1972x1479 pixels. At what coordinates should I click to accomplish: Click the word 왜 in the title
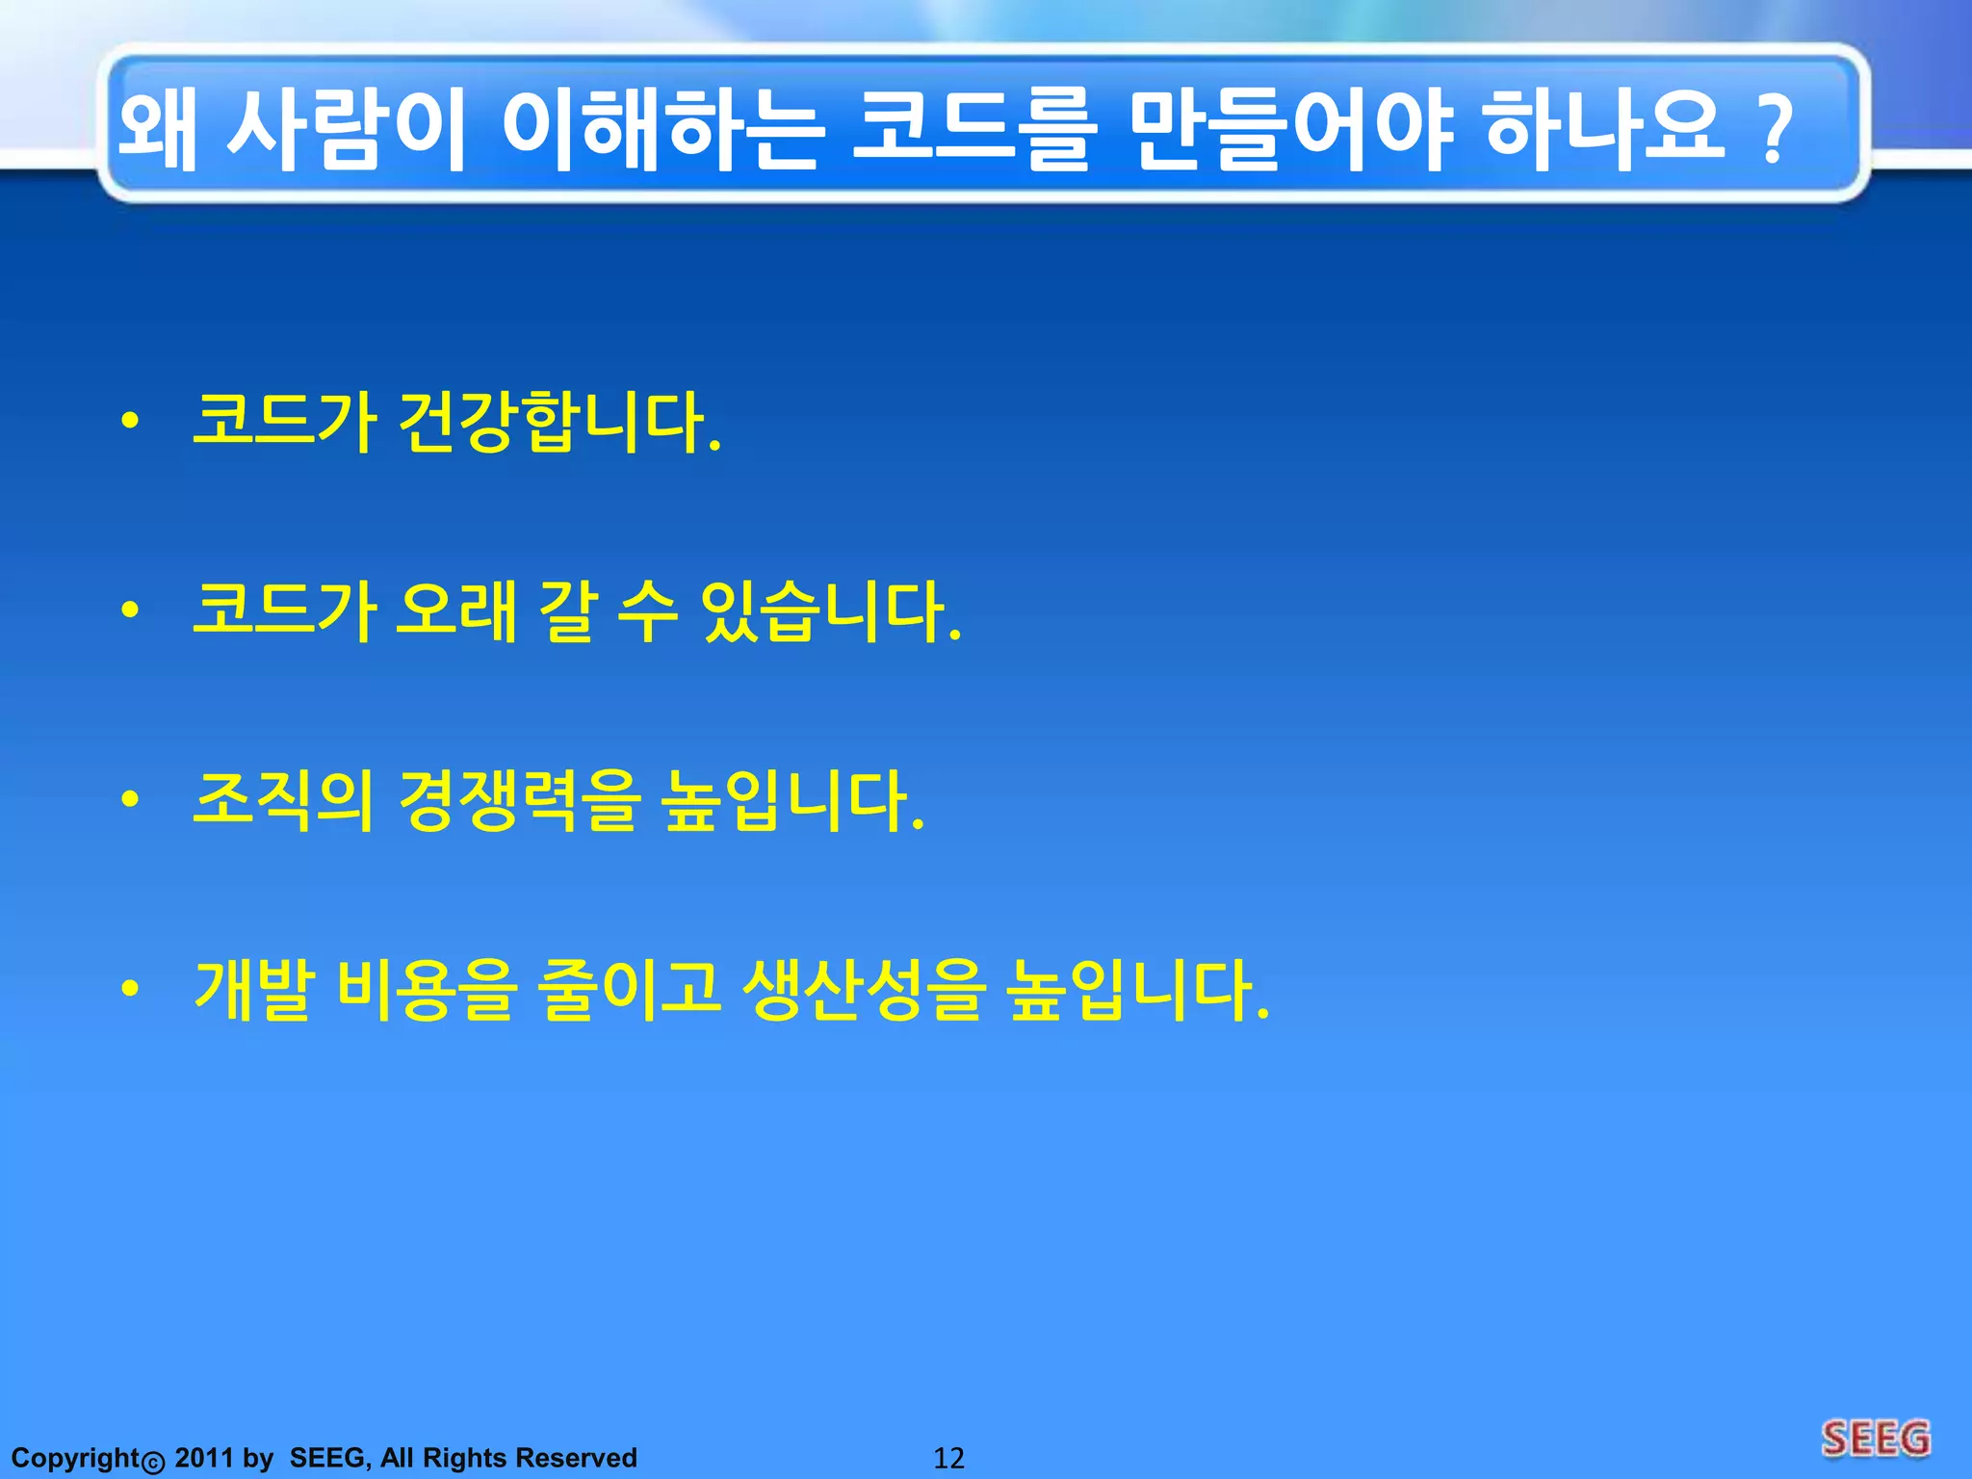tap(158, 130)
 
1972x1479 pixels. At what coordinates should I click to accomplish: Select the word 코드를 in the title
tap(973, 130)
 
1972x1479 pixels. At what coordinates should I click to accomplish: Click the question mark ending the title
tap(1774, 130)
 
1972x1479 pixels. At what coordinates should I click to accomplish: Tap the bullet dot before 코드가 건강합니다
tap(131, 421)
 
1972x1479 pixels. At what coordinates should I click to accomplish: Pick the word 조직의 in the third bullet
tap(284, 800)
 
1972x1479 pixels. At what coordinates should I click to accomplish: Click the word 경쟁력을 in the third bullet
tap(520, 800)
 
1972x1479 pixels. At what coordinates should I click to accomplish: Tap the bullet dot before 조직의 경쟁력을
tap(131, 799)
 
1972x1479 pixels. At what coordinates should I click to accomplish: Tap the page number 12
tap(948, 1458)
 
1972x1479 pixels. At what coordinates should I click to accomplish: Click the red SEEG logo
tap(1876, 1439)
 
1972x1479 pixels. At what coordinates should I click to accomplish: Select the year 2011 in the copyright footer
tap(204, 1458)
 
